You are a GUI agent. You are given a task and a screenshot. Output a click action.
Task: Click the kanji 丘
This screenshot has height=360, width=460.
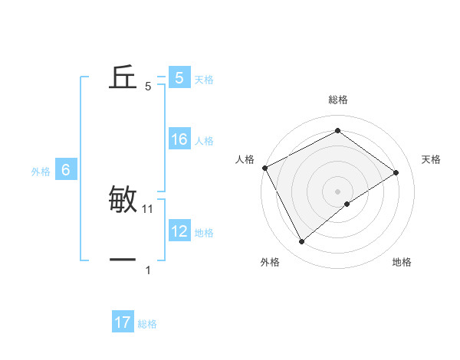coord(123,77)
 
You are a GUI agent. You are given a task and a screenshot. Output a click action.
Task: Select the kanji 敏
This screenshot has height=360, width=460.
coord(123,200)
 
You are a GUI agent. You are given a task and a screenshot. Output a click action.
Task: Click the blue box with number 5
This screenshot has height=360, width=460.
coord(179,77)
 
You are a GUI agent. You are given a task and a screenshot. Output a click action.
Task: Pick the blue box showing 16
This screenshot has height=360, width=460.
coord(179,139)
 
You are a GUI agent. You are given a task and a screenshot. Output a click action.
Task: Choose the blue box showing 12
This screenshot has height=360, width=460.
coord(179,231)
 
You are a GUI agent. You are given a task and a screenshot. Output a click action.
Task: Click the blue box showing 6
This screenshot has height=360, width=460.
coord(66,170)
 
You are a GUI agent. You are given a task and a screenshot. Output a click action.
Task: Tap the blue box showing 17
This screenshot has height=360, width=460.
coord(123,322)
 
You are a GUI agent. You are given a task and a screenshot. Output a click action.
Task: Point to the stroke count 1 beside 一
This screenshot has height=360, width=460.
coord(148,270)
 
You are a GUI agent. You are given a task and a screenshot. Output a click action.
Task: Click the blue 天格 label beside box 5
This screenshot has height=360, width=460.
coord(204,79)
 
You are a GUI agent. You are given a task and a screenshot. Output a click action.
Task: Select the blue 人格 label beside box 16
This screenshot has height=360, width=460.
coord(204,141)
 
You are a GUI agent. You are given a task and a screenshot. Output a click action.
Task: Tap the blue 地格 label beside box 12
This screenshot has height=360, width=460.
coord(204,232)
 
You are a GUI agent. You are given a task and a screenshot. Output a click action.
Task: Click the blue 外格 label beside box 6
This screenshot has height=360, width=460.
coord(41,172)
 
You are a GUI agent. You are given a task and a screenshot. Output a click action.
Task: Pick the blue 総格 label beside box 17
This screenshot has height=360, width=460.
coord(147,324)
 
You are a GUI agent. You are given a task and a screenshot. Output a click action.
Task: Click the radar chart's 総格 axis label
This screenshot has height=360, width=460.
coord(337,100)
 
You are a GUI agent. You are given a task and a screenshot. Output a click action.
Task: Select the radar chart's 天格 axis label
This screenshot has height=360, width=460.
coord(432,159)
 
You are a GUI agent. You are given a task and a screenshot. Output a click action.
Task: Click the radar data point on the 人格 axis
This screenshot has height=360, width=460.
coord(264,168)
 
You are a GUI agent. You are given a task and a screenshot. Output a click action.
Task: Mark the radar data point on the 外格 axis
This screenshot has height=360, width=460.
coord(301,242)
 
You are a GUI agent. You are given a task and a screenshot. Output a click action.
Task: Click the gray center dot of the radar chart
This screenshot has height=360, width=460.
coord(337,191)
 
